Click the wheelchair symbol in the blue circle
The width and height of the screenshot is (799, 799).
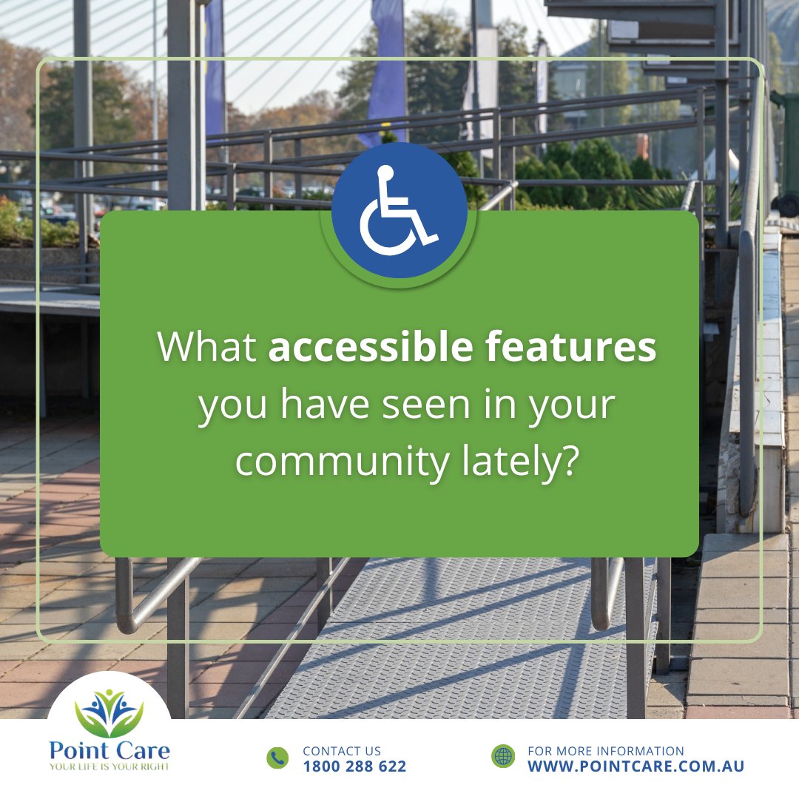(x=398, y=211)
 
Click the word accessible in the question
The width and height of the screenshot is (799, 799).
(x=370, y=348)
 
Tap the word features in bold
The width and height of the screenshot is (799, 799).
(x=570, y=348)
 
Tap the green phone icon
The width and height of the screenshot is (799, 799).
(x=277, y=758)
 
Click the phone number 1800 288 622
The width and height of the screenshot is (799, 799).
(x=354, y=766)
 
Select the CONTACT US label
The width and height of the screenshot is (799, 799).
(x=342, y=751)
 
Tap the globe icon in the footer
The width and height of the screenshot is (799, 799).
(x=503, y=756)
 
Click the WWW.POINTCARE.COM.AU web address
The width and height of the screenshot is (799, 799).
(x=636, y=766)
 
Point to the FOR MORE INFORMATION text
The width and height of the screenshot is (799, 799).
(x=605, y=751)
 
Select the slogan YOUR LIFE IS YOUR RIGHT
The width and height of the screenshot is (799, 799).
(x=109, y=766)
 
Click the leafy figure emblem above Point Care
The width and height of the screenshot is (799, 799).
(x=109, y=712)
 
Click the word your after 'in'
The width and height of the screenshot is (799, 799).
(x=578, y=405)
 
